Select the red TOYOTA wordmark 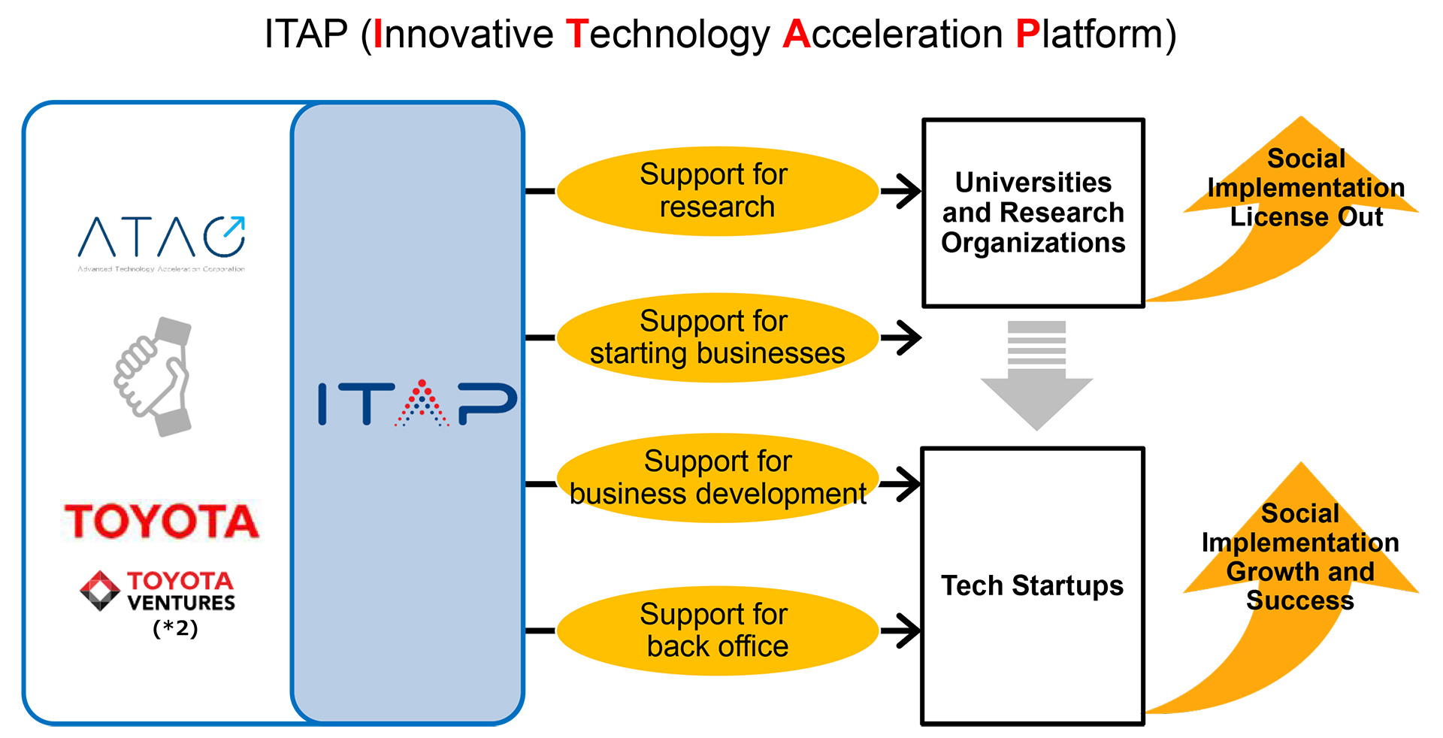tap(162, 521)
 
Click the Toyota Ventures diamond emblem tap(100, 591)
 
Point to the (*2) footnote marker tap(175, 628)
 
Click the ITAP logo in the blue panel tap(417, 404)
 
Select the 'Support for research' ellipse tap(717, 191)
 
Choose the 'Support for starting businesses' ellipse tap(717, 337)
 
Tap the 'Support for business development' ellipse tap(717, 478)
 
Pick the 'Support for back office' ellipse tap(717, 631)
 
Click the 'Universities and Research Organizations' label tap(1033, 213)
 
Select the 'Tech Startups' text tap(1032, 585)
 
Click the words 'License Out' tap(1306, 217)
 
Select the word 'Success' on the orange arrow tap(1300, 600)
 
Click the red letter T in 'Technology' tap(576, 35)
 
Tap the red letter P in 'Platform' tap(1027, 35)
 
